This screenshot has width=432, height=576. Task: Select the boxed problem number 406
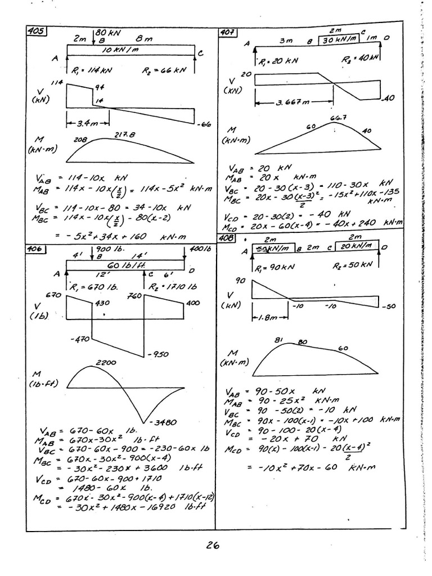37,249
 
